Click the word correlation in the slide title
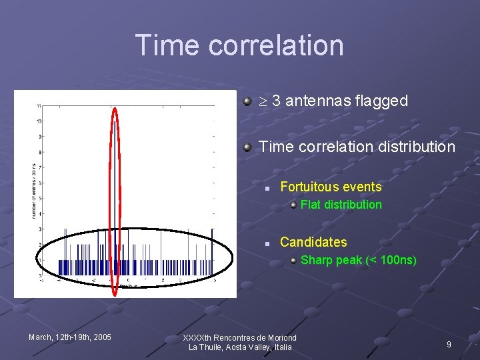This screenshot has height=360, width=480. pyautogui.click(x=276, y=45)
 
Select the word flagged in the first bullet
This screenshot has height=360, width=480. pyautogui.click(x=382, y=101)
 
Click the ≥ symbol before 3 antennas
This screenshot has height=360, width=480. pyautogui.click(x=263, y=101)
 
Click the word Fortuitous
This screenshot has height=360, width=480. pyautogui.click(x=313, y=187)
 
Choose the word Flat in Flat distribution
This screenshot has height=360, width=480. pyautogui.click(x=311, y=205)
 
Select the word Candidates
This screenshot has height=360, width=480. pyautogui.click(x=313, y=242)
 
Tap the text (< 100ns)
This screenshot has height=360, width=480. pyautogui.click(x=391, y=260)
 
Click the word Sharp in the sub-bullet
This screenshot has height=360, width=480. pyautogui.click(x=316, y=260)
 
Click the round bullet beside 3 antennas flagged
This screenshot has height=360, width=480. pyautogui.click(x=247, y=101)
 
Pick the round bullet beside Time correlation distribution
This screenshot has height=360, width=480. pyautogui.click(x=247, y=146)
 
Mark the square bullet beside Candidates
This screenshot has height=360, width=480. pyautogui.click(x=266, y=243)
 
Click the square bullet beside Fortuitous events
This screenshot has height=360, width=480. pyautogui.click(x=266, y=189)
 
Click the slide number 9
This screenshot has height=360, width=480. pyautogui.click(x=449, y=344)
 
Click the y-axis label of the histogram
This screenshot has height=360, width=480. pyautogui.click(x=33, y=191)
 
